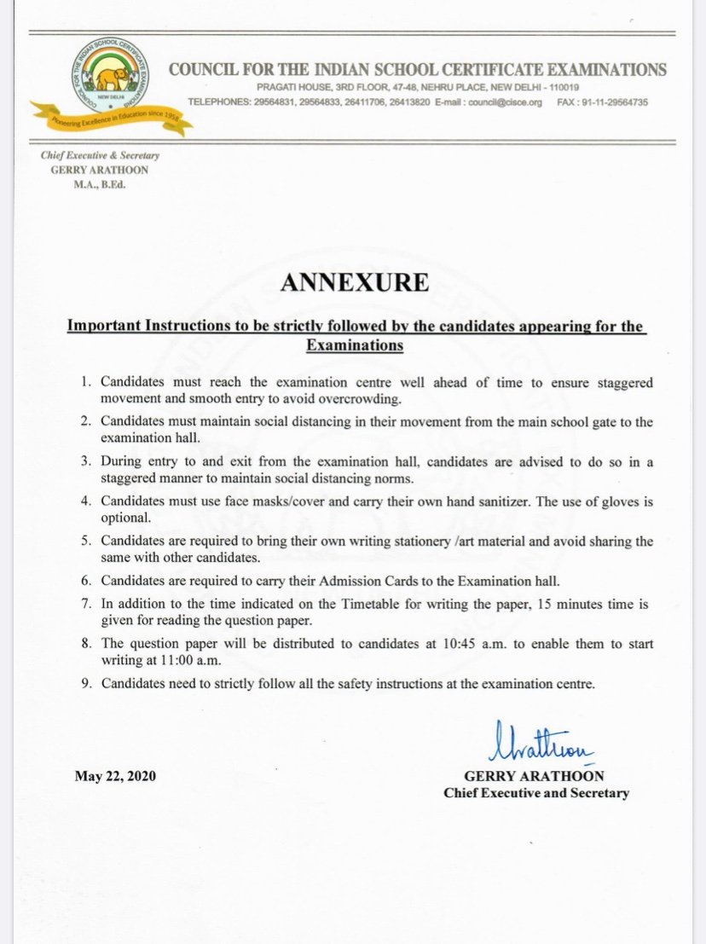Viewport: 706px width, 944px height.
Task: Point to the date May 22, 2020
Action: (x=116, y=776)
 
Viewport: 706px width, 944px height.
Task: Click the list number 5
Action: (x=85, y=541)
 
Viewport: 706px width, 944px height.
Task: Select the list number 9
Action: (x=85, y=683)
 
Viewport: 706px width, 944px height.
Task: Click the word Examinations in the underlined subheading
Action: (x=354, y=345)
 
